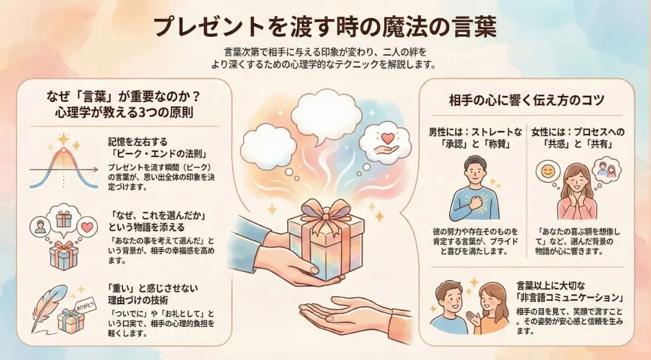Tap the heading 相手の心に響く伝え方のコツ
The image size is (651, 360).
coord(527,100)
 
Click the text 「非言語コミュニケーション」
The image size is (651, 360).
coord(570,298)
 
